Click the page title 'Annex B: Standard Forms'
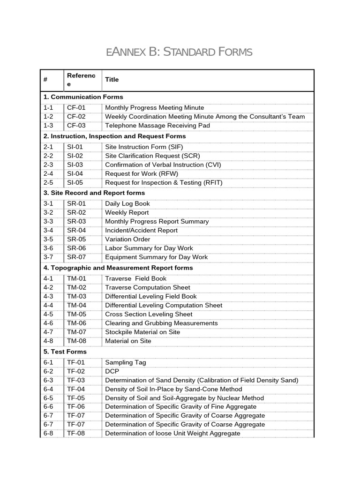click(x=179, y=52)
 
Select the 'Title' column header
click(x=112, y=80)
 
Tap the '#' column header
click(x=45, y=80)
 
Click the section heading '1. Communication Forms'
click(x=83, y=97)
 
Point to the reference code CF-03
click(x=76, y=126)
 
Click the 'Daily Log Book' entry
click(x=127, y=203)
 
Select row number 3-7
click(x=48, y=257)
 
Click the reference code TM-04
click(x=76, y=305)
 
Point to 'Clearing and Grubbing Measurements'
click(x=161, y=323)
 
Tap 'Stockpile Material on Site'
click(x=142, y=332)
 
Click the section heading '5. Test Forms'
click(x=65, y=352)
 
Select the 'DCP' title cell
click(x=112, y=371)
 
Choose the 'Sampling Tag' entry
click(x=126, y=362)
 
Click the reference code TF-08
click(x=76, y=433)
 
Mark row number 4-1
click(x=48, y=278)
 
